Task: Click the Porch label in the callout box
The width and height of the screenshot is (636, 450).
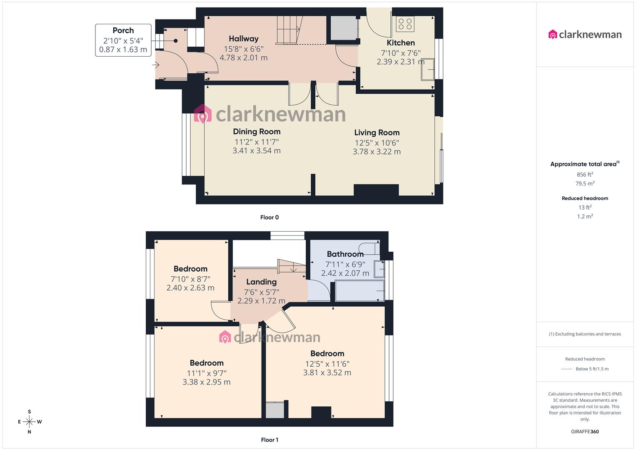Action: click(x=123, y=30)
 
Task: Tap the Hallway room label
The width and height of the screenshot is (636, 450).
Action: click(x=244, y=39)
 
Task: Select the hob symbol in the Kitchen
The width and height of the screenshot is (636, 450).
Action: click(x=405, y=24)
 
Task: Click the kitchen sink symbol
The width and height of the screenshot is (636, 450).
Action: click(x=427, y=69)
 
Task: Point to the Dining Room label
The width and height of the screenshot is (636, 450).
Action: click(x=257, y=132)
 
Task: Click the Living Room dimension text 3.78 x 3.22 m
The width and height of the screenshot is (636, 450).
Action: click(x=377, y=152)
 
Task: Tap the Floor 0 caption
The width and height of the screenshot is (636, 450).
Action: click(x=269, y=217)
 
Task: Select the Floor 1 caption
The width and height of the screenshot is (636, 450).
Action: click(x=269, y=440)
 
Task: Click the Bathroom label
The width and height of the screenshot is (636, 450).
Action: click(x=345, y=254)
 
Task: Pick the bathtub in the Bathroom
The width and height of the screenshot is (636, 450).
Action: click(x=359, y=291)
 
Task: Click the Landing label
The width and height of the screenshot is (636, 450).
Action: click(x=261, y=282)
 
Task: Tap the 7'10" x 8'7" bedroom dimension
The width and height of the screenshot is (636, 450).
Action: click(x=190, y=279)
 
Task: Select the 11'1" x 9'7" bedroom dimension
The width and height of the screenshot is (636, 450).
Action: click(x=207, y=373)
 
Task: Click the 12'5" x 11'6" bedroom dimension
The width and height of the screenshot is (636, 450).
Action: click(x=327, y=364)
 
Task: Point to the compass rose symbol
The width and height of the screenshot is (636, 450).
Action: click(x=30, y=422)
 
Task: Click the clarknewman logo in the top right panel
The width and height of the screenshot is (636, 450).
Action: click(x=585, y=35)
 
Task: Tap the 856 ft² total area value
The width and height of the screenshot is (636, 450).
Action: click(x=585, y=175)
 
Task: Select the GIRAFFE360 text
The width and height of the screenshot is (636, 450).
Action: click(x=585, y=432)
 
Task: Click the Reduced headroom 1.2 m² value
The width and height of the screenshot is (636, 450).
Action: click(x=585, y=216)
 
